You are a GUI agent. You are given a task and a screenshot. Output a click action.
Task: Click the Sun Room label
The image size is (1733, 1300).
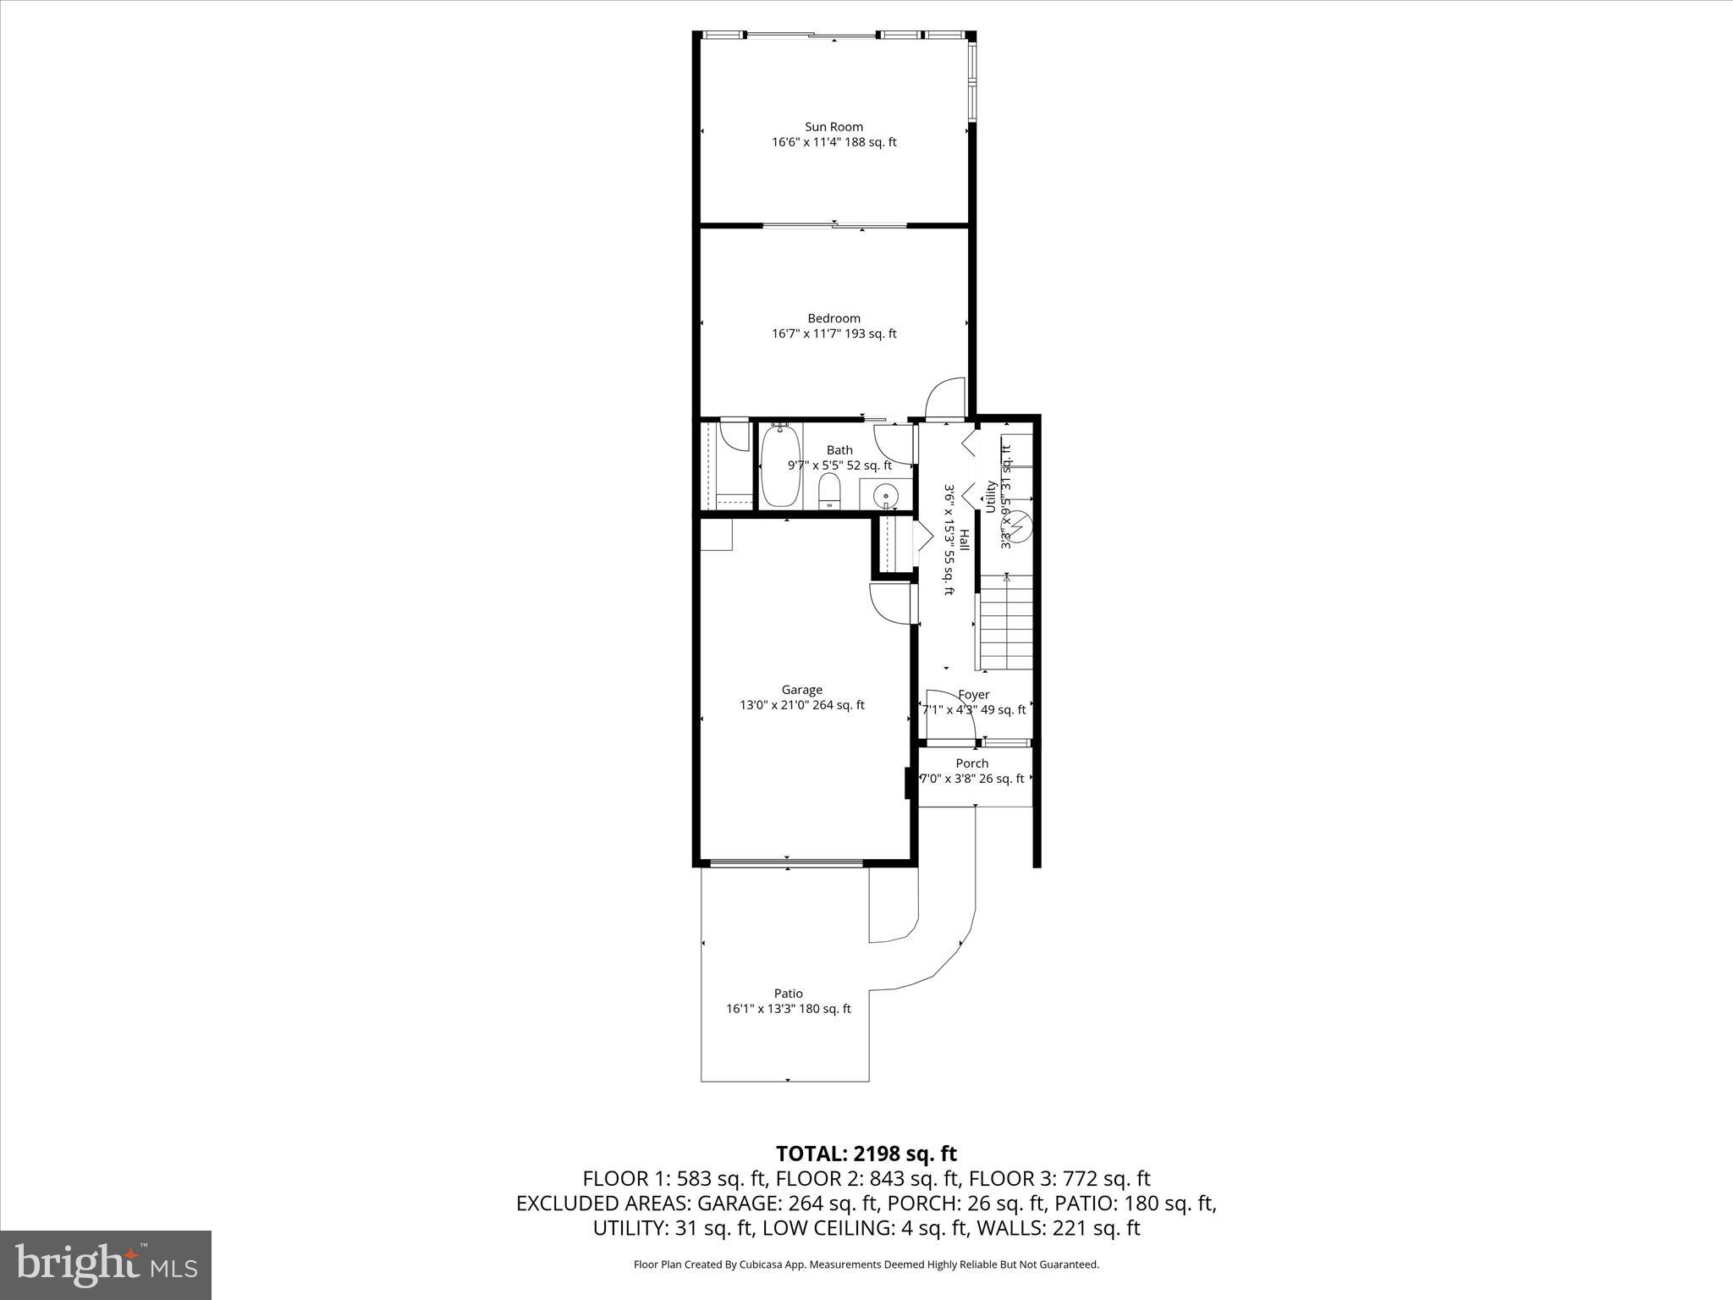[833, 127]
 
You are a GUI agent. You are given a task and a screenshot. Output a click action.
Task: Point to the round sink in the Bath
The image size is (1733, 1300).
[886, 493]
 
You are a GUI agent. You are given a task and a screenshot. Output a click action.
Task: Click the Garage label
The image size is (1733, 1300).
[801, 690]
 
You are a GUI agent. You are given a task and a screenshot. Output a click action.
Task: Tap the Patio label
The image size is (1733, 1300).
[788, 994]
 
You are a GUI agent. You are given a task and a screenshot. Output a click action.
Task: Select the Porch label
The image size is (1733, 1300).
[971, 763]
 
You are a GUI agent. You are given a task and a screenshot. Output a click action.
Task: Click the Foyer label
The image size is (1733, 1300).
[973, 695]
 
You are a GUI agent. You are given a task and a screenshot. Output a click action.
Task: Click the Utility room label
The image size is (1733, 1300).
[990, 497]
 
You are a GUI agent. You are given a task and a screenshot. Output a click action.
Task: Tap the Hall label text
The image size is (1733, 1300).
[964, 542]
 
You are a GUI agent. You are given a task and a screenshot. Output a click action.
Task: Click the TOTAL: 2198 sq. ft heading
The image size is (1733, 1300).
[866, 1154]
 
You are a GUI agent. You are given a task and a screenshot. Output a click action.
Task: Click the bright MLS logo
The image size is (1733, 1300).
[106, 1265]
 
